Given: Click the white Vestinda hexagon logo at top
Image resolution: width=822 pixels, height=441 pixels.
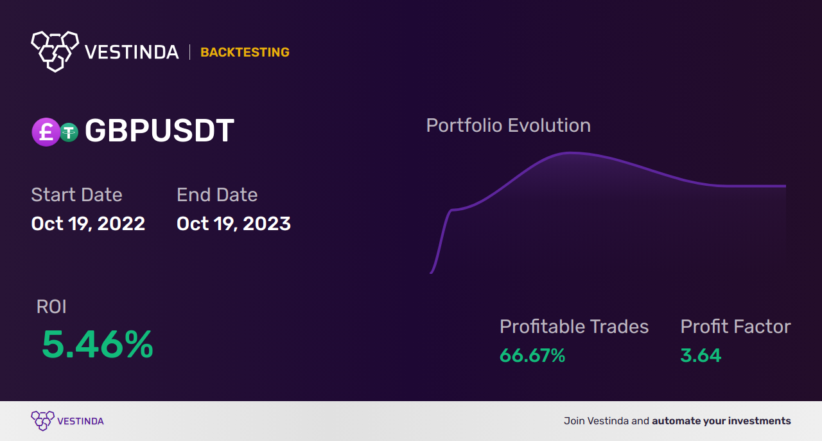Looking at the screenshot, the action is point(55,51).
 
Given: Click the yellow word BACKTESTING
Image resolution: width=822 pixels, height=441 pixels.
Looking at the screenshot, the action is point(245,52).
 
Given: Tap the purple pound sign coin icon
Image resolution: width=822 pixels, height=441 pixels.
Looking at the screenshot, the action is point(46,132).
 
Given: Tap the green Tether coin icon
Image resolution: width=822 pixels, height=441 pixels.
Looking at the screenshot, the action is point(69,132).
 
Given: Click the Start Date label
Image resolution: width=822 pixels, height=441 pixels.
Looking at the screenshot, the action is point(76,194).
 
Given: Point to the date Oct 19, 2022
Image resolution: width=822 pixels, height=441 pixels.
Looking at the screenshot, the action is point(88,224).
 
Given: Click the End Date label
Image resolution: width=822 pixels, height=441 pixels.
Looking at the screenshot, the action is point(217,194).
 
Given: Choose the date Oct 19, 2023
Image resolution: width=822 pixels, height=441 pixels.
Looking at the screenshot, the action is point(234,224).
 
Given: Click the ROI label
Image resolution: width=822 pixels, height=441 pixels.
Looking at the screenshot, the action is point(51,307).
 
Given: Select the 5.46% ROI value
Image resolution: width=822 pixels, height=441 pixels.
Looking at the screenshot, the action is point(97,345).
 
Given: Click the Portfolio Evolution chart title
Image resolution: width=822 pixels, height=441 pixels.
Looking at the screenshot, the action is point(509,125).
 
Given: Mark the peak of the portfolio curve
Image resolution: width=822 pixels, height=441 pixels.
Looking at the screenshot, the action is point(570,152).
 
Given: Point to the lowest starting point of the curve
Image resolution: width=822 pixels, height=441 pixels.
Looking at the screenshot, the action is point(431,273).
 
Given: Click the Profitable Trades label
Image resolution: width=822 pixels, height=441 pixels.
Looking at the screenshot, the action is point(574,327).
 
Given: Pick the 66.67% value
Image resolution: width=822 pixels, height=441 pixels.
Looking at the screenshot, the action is point(532,355).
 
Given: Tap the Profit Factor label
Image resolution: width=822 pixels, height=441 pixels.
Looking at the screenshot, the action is point(735,327).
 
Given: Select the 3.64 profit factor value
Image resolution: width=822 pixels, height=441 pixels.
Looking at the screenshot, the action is point(701,355).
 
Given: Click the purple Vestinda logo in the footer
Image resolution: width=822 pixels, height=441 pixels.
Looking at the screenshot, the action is point(67,421).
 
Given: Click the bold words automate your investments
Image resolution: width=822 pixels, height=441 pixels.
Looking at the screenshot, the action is point(721,421).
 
